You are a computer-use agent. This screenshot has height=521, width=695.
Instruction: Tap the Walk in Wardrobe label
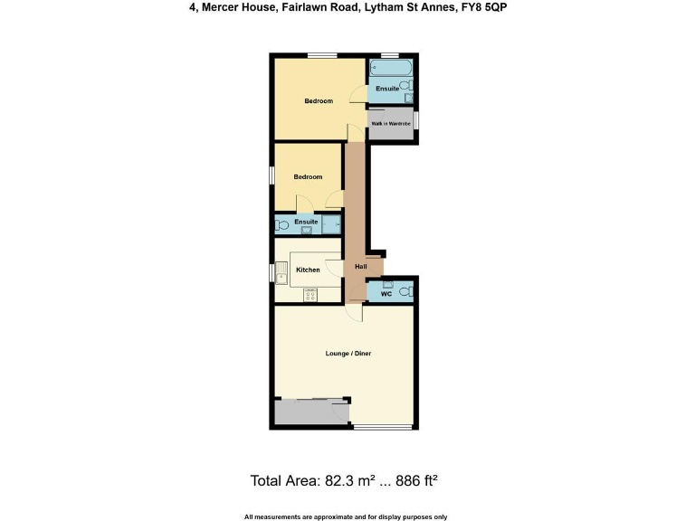coord(391,123)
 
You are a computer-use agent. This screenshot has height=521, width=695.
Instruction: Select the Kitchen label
coord(308,270)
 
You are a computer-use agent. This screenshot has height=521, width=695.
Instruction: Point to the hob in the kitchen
coord(310,293)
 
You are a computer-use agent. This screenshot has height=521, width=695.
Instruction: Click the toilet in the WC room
coord(407,291)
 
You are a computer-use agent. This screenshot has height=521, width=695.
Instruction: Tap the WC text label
coord(386,293)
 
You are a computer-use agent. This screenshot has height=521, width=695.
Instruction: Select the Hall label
coord(361,266)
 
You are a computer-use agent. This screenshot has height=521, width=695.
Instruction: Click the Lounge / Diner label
coord(348,353)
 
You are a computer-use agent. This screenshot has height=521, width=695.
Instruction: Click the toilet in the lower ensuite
coord(282,223)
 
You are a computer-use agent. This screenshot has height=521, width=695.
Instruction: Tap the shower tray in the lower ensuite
coord(332,223)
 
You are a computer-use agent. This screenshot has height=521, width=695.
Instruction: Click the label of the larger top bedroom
coord(319,100)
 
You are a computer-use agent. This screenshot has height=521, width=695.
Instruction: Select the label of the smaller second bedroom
coord(308,176)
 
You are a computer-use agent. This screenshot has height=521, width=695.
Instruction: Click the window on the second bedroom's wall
coord(272,175)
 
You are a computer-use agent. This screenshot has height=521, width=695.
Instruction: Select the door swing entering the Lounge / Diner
coord(355,312)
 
